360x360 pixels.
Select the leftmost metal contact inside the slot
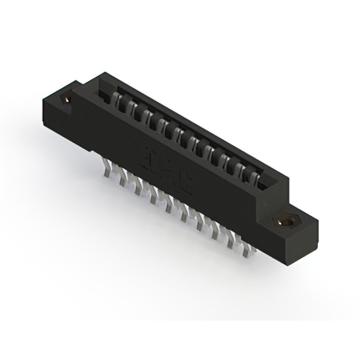(119, 100)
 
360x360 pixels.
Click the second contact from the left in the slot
(132, 107)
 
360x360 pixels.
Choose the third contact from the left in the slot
(145, 114)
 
